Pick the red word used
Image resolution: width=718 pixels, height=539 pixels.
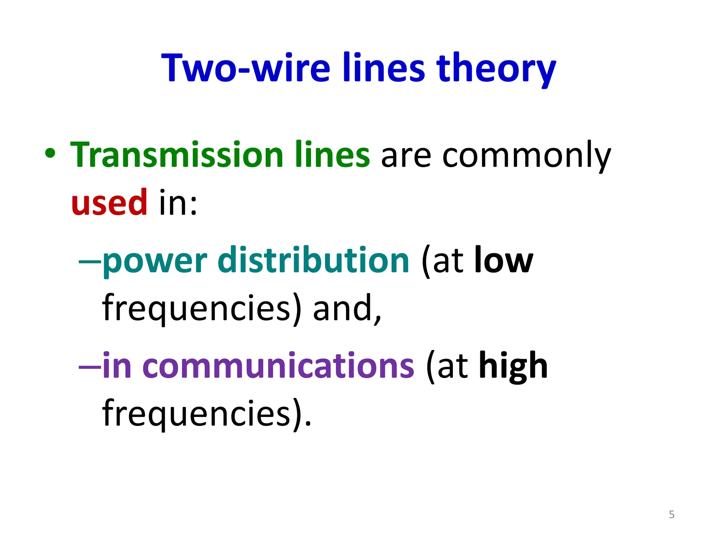(109, 202)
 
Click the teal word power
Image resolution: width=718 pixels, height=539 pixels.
(155, 261)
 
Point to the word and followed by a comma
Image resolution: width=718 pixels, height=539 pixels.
(347, 308)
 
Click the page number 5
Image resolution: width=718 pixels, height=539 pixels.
(671, 514)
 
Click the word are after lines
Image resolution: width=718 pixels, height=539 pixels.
(406, 156)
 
